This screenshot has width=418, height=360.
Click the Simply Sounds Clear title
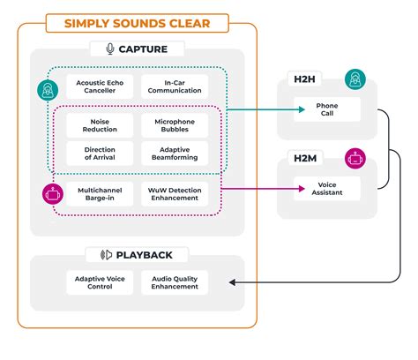[137, 22]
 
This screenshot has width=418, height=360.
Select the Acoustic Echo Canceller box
[100, 87]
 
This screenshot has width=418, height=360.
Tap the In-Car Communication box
[175, 87]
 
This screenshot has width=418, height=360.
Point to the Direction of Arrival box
[100, 154]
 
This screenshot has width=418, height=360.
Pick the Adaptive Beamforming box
[175, 154]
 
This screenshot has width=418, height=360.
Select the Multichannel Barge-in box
[100, 194]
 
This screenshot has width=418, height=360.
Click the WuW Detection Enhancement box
[175, 194]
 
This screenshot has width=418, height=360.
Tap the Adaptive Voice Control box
[100, 282]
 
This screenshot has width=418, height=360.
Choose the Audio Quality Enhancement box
[175, 282]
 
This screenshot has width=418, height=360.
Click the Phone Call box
[326, 110]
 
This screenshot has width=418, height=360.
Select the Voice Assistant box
[326, 188]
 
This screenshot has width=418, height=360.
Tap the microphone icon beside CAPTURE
[110, 49]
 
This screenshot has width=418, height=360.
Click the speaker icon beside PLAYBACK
[108, 255]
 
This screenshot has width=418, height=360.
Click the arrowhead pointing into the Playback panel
[233, 282]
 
